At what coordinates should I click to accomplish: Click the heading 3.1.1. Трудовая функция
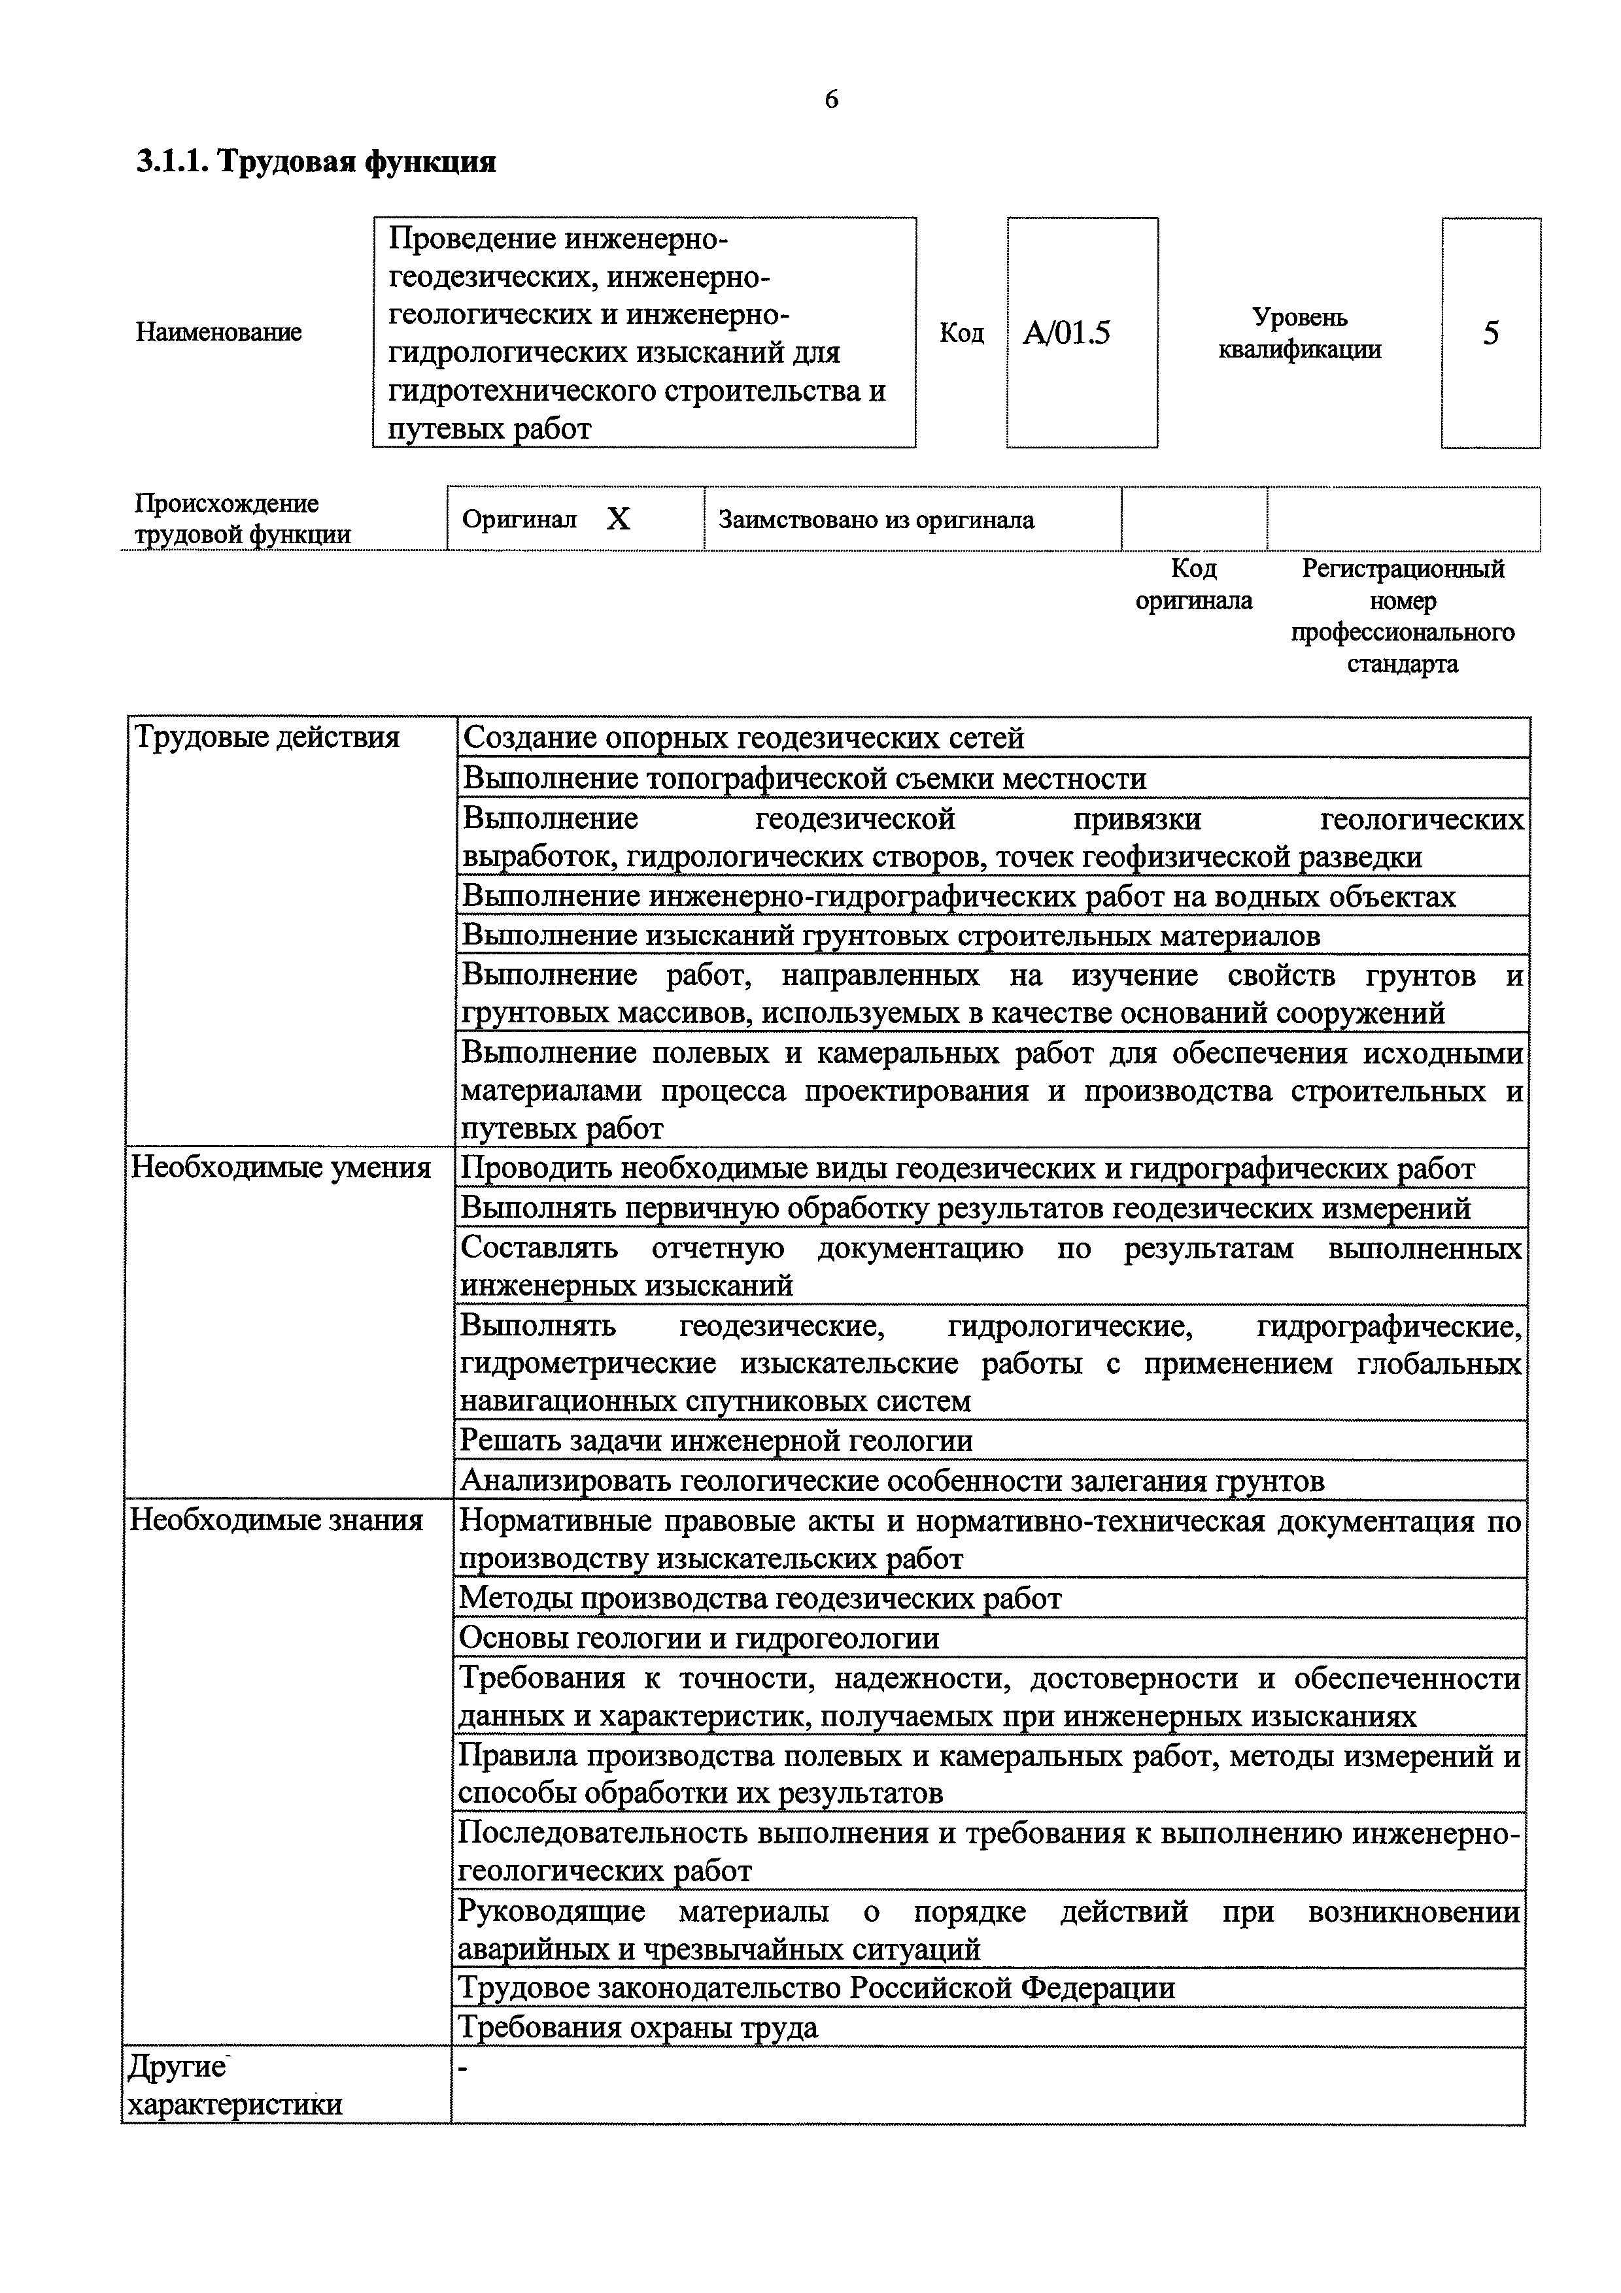(316, 162)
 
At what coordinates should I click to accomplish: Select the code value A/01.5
(1066, 333)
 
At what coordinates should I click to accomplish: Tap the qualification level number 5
(1490, 333)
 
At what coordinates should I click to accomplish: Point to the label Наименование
(219, 333)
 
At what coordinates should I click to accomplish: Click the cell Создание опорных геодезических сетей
(744, 738)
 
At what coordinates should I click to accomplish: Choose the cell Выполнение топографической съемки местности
(804, 778)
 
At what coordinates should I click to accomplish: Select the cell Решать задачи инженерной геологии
(715, 1440)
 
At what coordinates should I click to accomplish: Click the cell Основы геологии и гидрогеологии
(698, 1638)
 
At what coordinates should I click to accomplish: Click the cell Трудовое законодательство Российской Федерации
(816, 1987)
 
